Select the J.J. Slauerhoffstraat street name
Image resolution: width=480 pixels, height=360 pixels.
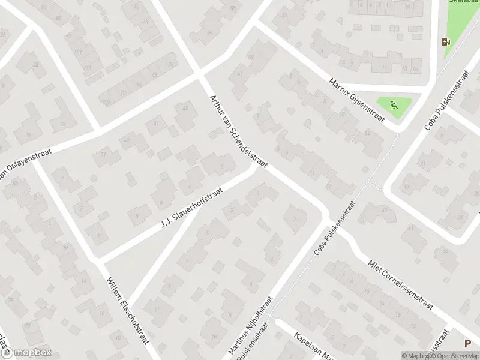(192, 208)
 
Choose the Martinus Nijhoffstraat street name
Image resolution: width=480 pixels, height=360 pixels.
(252, 324)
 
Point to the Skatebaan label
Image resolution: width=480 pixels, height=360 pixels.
(463, 2)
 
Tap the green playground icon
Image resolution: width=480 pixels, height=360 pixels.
(393, 106)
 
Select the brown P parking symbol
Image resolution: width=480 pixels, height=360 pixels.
(467, 344)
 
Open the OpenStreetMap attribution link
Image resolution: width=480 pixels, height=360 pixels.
(456, 356)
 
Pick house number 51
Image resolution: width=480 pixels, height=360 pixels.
(103, 155)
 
